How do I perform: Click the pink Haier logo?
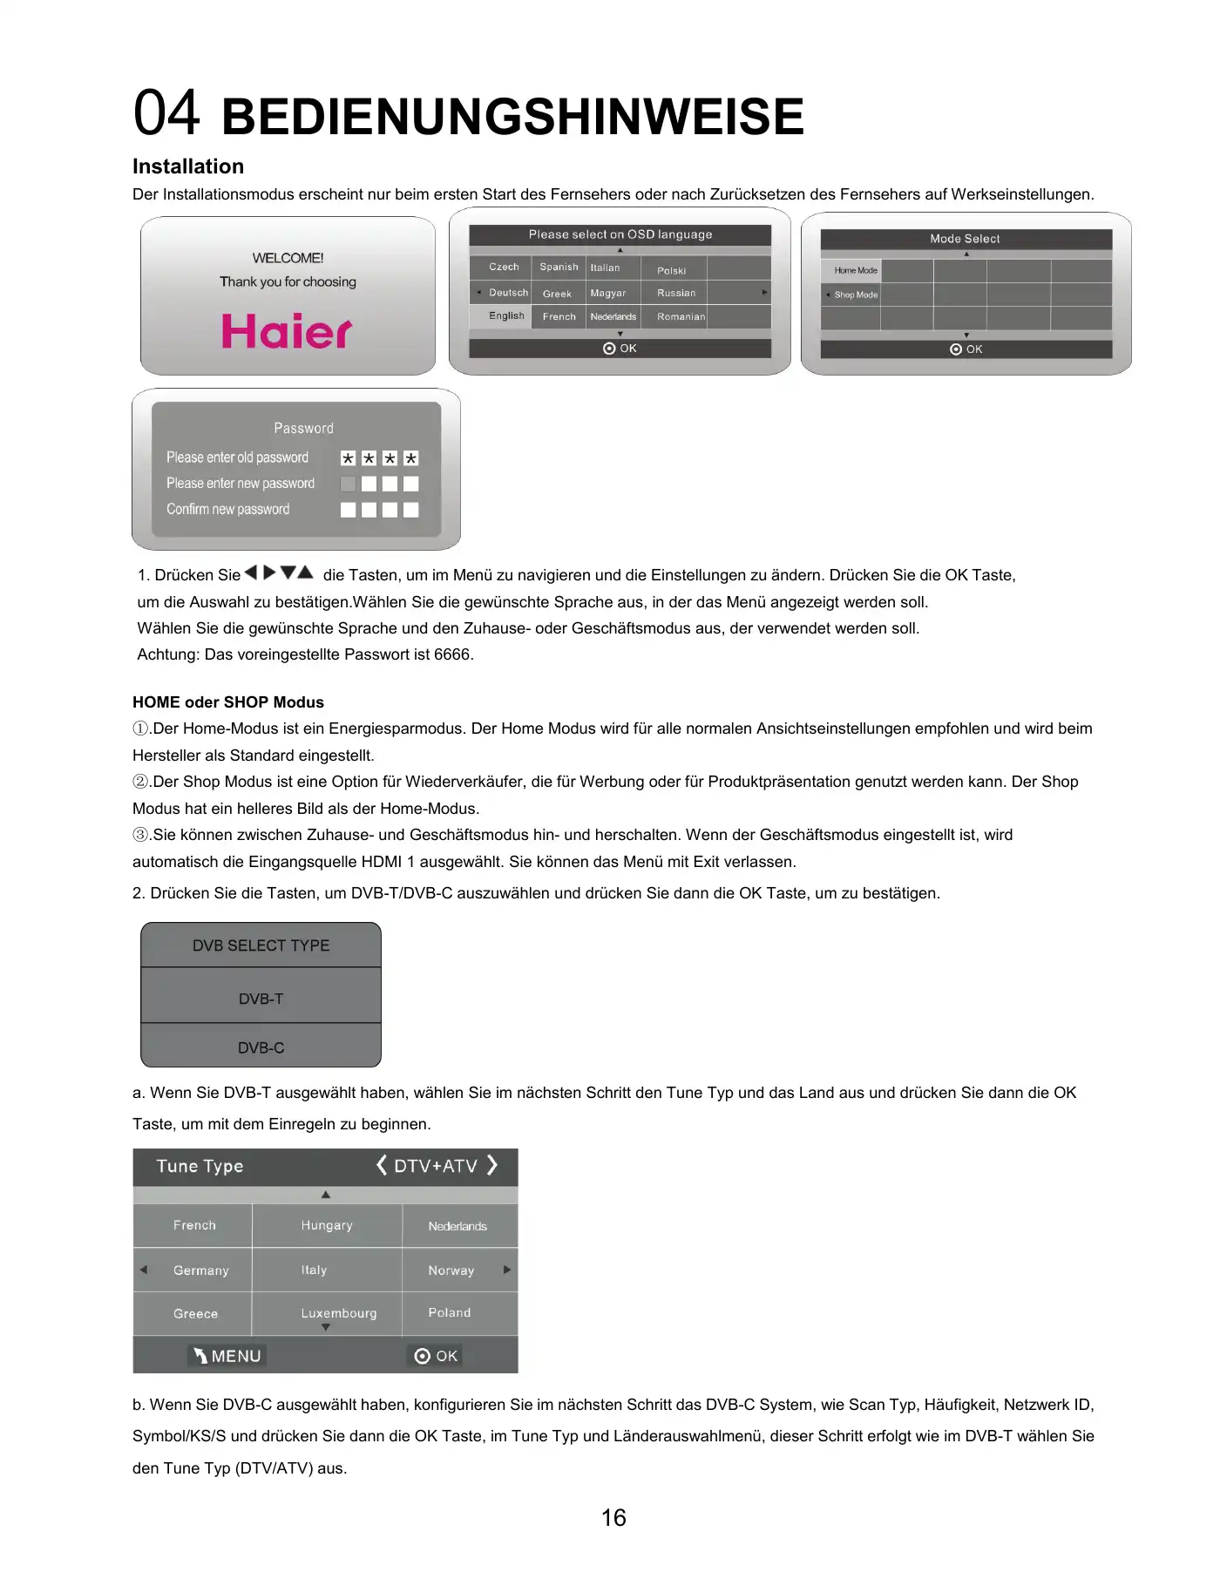click(x=287, y=331)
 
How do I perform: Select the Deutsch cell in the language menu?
click(x=508, y=293)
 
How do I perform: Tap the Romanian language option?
click(x=681, y=316)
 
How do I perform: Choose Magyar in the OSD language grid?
click(x=608, y=294)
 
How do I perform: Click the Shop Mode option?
click(x=856, y=295)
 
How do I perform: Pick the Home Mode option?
click(x=856, y=270)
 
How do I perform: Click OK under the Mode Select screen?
click(x=966, y=349)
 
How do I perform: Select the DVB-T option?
click(x=261, y=999)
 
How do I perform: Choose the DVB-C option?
click(x=261, y=1047)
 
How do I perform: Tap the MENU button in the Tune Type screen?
click(x=227, y=1356)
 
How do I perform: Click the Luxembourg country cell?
click(x=339, y=1313)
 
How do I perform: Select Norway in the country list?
click(x=451, y=1271)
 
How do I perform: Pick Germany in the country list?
click(x=200, y=1271)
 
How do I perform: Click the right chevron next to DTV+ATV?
click(x=493, y=1165)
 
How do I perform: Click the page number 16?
click(x=613, y=1518)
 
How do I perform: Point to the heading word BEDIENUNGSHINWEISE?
click(x=512, y=117)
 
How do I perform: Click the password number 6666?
click(x=451, y=654)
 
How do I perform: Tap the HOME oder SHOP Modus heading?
click(x=228, y=702)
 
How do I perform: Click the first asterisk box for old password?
click(x=348, y=458)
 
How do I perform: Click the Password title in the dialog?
click(x=303, y=428)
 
